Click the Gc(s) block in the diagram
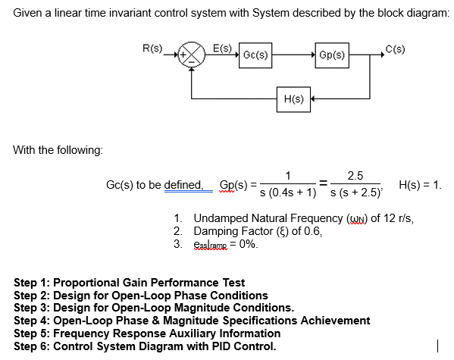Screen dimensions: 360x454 (255, 55)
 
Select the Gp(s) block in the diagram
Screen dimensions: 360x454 (332, 55)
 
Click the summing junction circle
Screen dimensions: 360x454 (195, 55)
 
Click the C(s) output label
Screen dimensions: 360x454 (395, 49)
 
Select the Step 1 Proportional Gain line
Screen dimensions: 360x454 (130, 283)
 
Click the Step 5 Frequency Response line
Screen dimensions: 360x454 (147, 334)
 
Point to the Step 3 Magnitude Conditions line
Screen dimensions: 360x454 (155, 308)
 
